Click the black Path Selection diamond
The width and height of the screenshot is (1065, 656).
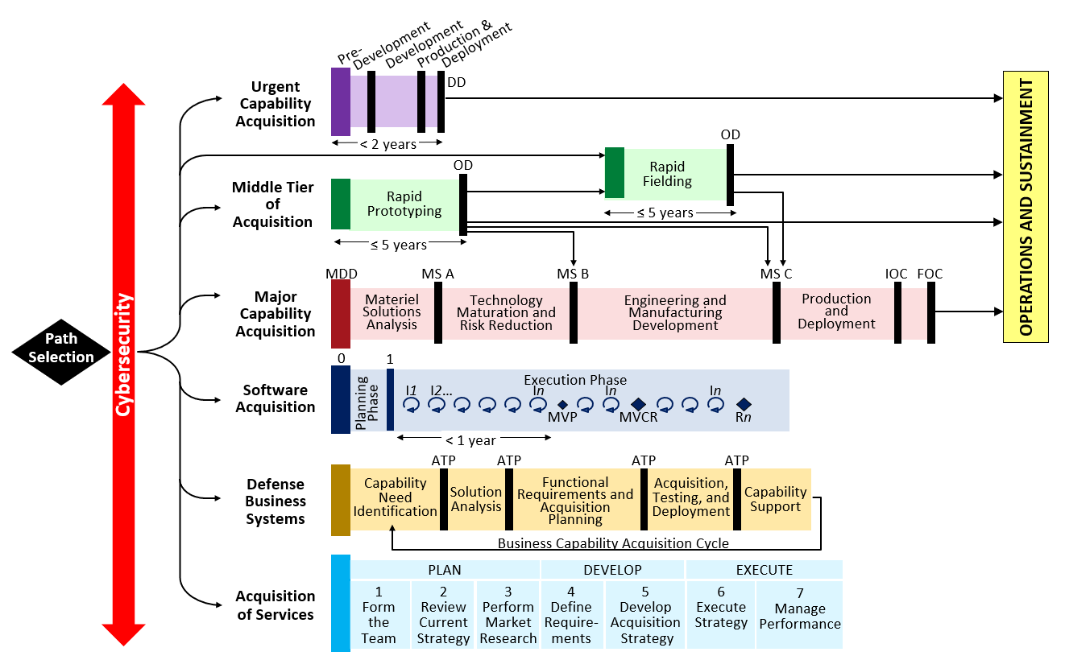61,349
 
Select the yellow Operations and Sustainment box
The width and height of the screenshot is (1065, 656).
1025,207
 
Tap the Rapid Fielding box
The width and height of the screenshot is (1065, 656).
667,175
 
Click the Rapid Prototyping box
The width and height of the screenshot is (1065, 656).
404,204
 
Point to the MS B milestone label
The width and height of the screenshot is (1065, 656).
573,274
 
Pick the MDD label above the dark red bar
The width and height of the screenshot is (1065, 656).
342,274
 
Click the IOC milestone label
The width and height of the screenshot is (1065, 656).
897,274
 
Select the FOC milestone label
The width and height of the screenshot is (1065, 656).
930,274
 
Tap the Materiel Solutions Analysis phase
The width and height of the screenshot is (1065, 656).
392,312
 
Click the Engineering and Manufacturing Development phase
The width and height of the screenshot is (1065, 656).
675,313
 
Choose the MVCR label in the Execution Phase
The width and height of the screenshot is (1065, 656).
638,417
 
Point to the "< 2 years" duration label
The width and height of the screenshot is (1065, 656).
388,144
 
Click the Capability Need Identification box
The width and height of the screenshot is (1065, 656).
395,497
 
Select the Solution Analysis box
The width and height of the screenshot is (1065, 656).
475,499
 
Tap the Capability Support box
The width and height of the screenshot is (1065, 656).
775,499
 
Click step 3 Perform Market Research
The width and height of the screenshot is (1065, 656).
508,615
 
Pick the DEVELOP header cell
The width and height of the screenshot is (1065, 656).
612,570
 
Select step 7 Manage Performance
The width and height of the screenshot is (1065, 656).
800,616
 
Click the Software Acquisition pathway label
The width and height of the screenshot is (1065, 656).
276,398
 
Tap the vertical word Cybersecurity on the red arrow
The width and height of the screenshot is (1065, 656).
123,354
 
